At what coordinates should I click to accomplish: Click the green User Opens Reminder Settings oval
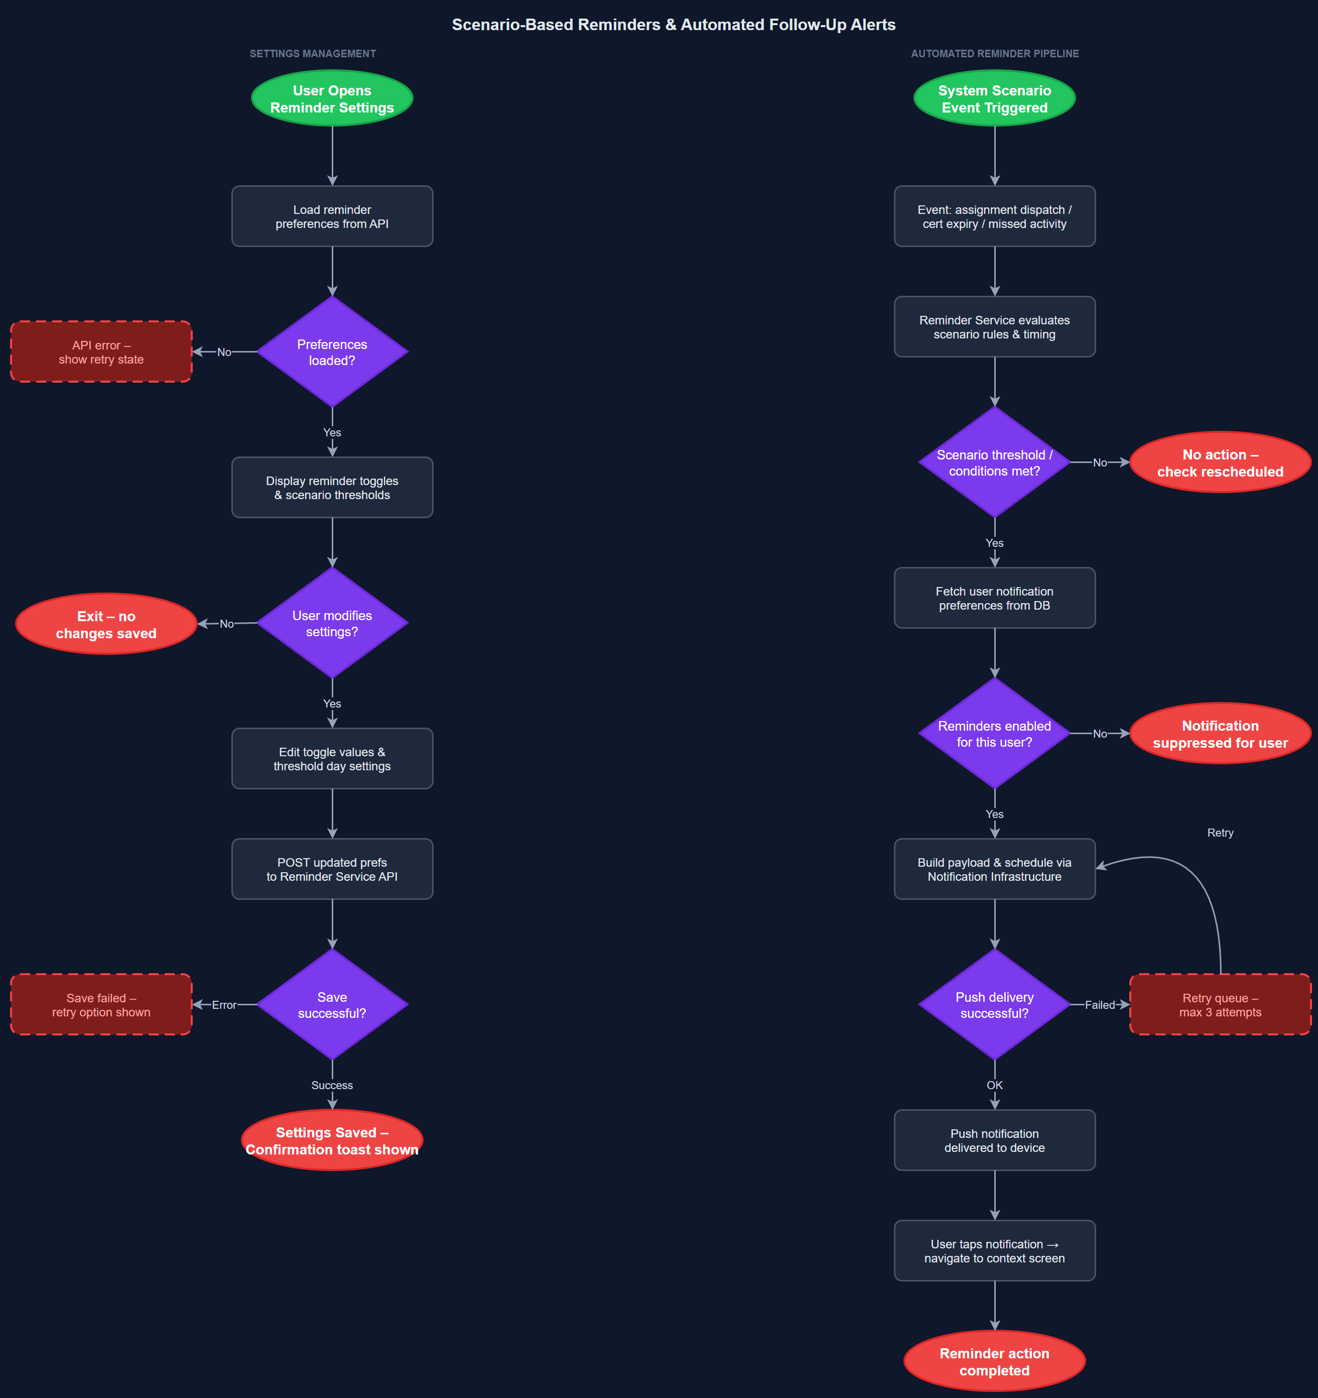[x=332, y=98]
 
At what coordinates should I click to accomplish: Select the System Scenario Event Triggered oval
[x=994, y=98]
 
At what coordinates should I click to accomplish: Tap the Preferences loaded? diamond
[x=332, y=352]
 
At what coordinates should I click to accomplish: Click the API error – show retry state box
[x=101, y=352]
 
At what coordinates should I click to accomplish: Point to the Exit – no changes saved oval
[x=106, y=624]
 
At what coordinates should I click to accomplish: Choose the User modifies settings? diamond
[x=332, y=623]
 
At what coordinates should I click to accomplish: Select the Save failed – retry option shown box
[x=101, y=1004]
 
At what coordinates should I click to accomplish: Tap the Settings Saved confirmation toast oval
[x=332, y=1140]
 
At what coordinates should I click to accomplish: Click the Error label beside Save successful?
[x=224, y=1005]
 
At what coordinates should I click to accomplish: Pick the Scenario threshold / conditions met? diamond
[x=994, y=462]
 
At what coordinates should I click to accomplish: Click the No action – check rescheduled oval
[x=1220, y=462]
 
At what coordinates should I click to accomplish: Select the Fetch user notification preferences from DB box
[x=994, y=598]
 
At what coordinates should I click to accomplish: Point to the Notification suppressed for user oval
[x=1220, y=734]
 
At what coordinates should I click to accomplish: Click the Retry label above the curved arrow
[x=1220, y=833]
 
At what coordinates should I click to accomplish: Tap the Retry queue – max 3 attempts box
[x=1220, y=1004]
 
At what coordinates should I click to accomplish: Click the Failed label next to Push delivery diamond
[x=1099, y=1005]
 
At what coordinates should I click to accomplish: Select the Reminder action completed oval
[x=994, y=1361]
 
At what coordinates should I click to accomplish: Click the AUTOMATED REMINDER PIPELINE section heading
[x=994, y=53]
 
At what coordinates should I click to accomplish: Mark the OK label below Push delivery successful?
[x=994, y=1085]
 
